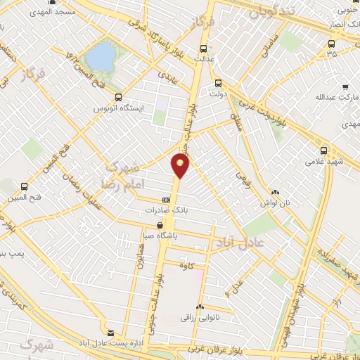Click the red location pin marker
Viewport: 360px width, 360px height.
[x=180, y=166]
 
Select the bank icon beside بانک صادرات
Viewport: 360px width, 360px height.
[x=165, y=199]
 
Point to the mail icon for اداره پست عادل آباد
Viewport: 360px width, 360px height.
[x=110, y=332]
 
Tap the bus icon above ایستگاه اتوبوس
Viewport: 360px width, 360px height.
[x=117, y=98]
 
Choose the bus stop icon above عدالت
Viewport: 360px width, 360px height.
[x=203, y=49]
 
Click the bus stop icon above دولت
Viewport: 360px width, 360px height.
[x=218, y=82]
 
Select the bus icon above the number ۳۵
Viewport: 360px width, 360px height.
[x=331, y=42]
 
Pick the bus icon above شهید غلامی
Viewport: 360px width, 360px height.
[x=323, y=150]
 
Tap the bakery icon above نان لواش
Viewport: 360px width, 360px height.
[x=274, y=191]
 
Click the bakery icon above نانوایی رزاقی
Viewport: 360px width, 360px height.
[x=200, y=307]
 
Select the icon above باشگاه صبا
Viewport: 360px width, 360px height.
[x=147, y=226]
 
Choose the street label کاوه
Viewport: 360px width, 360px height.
[x=186, y=265]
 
